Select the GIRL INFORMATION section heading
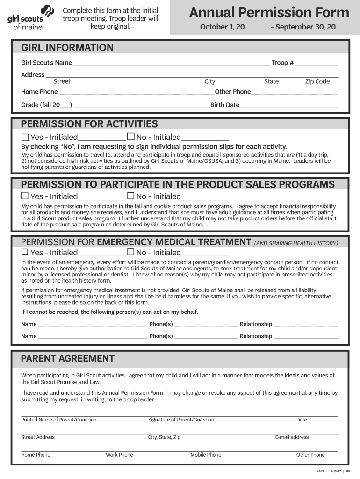67,48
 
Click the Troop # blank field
316,63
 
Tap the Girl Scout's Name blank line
171,63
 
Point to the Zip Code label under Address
317,81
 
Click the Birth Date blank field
289,105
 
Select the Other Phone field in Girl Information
295,92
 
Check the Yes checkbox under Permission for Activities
25,137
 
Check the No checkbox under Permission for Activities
131,137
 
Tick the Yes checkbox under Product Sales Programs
25,196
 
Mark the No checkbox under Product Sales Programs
131,196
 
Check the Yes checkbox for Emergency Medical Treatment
25,253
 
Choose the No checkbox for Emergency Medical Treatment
131,253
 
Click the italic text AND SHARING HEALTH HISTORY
295,243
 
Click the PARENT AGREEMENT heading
67,359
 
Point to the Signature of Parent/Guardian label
181,420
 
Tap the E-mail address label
292,437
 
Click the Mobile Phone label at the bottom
206,455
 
